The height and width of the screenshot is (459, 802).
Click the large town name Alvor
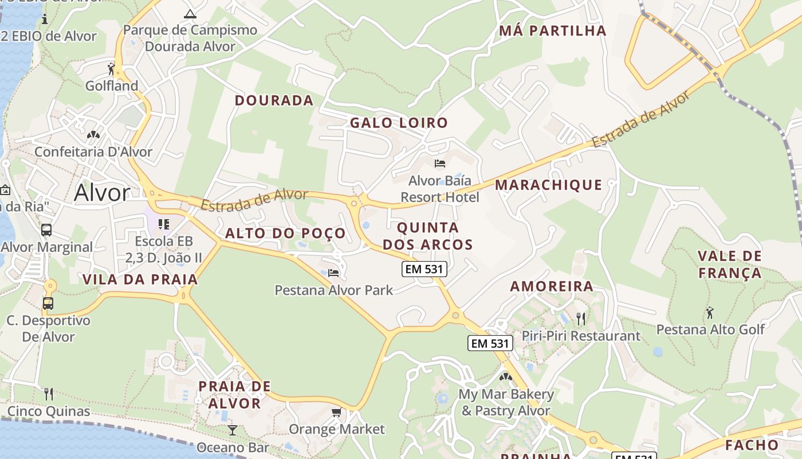102,193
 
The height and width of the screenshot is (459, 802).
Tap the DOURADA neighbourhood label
274,100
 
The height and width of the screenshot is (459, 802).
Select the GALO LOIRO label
399,123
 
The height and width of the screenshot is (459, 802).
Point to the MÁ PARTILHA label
552,31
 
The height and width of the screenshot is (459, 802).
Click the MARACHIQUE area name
548,185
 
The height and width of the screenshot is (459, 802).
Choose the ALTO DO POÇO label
285,233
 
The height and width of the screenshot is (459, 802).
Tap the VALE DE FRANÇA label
730,264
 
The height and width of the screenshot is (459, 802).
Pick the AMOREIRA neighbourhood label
552,286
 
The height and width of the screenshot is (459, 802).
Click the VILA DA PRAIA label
140,279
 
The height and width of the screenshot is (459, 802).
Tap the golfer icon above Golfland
112,69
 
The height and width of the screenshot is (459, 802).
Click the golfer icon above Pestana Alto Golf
710,313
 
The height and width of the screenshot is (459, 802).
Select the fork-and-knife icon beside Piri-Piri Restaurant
581,318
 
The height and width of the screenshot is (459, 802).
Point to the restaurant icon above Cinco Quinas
49,394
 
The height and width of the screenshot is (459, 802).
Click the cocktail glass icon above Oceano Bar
232,430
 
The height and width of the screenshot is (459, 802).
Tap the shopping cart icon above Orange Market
337,413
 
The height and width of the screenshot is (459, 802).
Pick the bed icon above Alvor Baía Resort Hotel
440,164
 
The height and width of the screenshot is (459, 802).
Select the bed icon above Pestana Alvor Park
333,273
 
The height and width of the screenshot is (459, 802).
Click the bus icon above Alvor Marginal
46,230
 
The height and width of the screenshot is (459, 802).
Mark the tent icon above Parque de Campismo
190,13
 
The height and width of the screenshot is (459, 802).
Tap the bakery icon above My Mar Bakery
506,377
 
